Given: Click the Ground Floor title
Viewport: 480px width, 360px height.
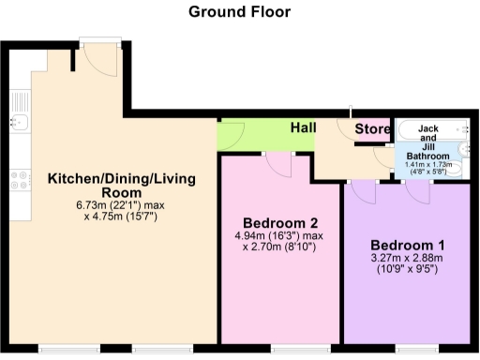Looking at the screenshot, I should [239, 12].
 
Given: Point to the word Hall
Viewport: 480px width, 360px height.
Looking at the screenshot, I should [303, 127].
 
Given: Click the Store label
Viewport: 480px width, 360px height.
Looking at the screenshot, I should [371, 129].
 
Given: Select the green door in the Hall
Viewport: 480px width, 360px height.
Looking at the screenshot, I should [232, 136].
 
